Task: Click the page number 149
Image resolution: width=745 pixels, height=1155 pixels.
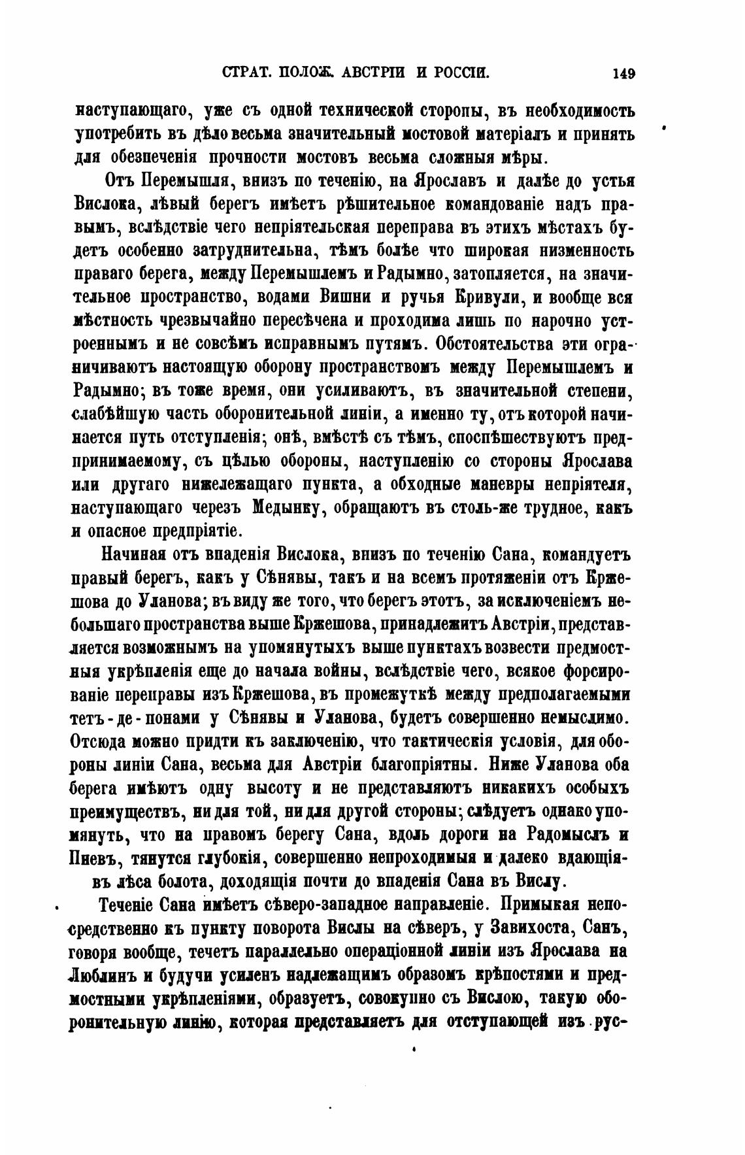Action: [x=623, y=73]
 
